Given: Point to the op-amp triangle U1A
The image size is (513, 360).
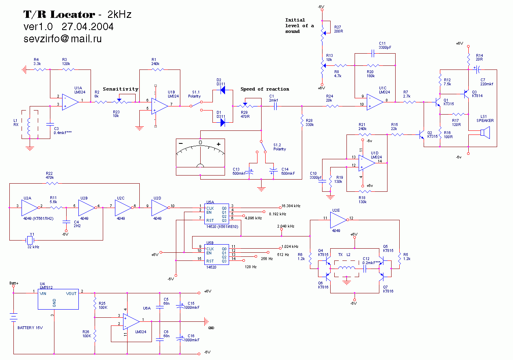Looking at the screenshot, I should pyautogui.click(x=70, y=101).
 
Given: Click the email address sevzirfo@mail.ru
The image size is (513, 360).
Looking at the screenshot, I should pyautogui.click(x=63, y=39).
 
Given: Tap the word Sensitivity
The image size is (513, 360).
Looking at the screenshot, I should pyautogui.click(x=121, y=89).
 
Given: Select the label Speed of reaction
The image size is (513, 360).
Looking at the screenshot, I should pyautogui.click(x=265, y=89).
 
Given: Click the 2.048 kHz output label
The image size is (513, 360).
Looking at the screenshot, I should pyautogui.click(x=286, y=226).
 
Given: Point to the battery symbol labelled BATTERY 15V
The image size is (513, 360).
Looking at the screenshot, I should pyautogui.click(x=14, y=317).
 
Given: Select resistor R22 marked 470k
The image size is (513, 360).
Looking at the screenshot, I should pyautogui.click(x=50, y=184).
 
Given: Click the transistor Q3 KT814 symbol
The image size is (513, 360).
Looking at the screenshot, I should pyautogui.click(x=466, y=94).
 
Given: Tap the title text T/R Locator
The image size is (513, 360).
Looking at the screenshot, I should pyautogui.click(x=59, y=15).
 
